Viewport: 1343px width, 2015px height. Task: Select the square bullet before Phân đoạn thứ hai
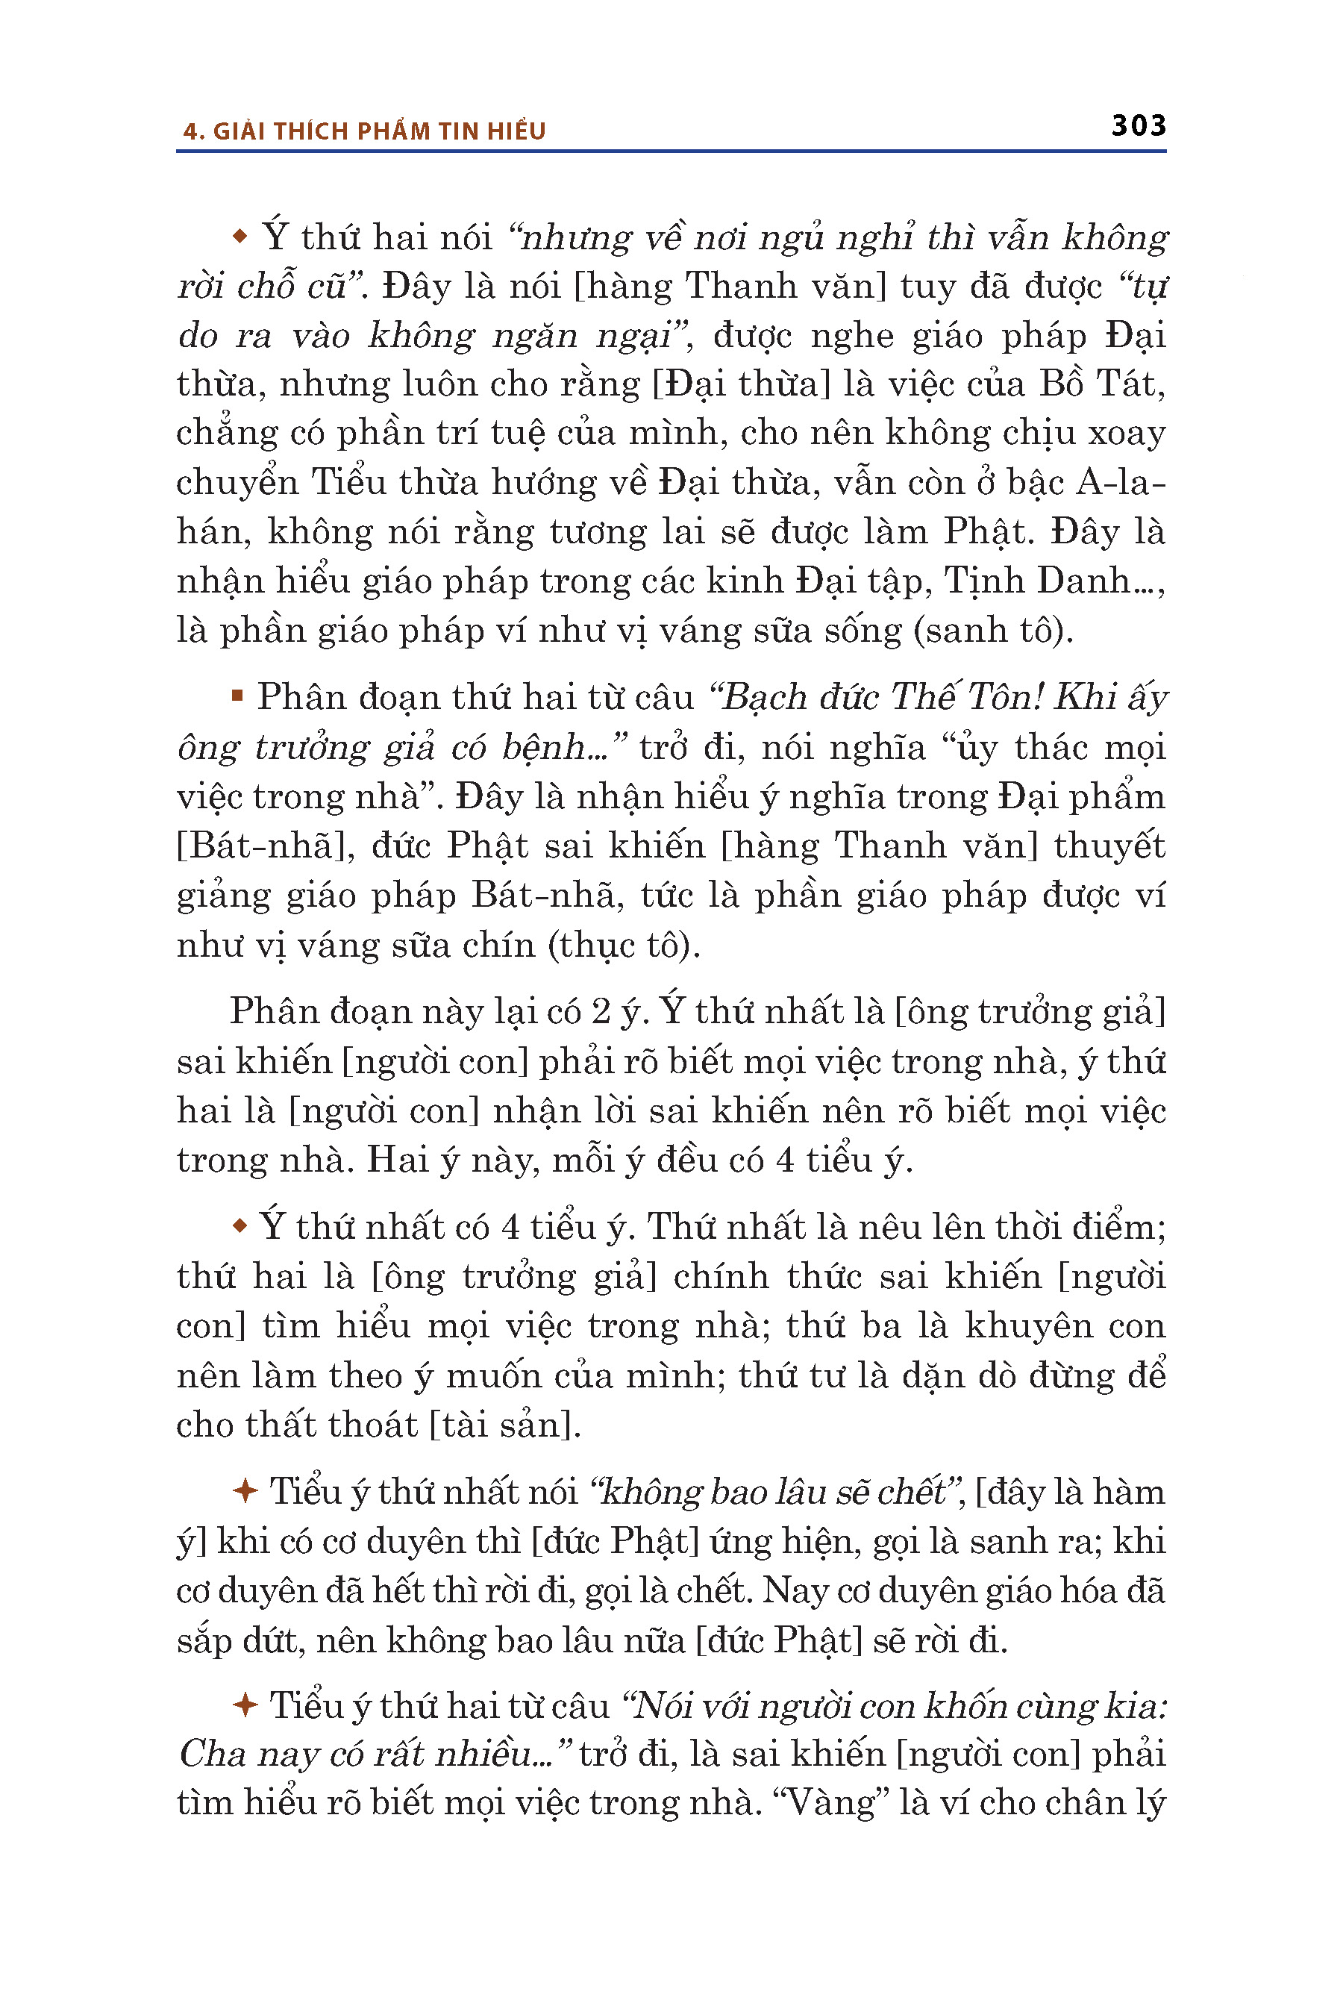pos(237,696)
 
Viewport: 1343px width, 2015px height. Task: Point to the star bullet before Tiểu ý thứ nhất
pos(245,1492)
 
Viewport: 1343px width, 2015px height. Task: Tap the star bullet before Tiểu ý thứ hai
pos(245,1706)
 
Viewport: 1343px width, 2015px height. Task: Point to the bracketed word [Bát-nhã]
pos(266,846)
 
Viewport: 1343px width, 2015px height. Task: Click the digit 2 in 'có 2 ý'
pos(601,1012)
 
